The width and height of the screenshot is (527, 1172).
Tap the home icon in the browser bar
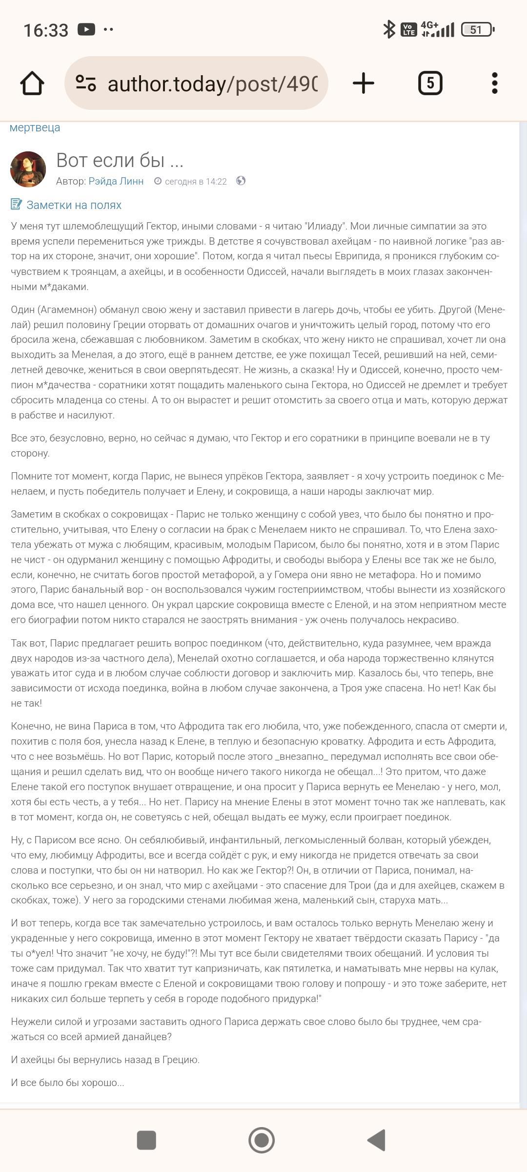32,83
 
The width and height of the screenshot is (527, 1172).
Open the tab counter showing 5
430,83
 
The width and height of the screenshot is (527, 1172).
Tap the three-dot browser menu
494,83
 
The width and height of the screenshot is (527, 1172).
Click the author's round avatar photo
28,169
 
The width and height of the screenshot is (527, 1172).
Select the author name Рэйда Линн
116,181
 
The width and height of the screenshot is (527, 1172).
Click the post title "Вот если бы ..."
120,160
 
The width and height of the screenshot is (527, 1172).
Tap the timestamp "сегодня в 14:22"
195,182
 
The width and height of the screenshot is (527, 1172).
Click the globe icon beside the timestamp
241,181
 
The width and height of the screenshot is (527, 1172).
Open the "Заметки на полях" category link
74,205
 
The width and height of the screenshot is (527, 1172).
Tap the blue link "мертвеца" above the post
35,127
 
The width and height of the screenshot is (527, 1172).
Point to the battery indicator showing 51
477,30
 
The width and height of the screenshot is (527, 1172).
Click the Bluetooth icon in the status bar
388,29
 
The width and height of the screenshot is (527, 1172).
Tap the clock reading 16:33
46,30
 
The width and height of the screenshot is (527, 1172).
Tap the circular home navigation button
262,1140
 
